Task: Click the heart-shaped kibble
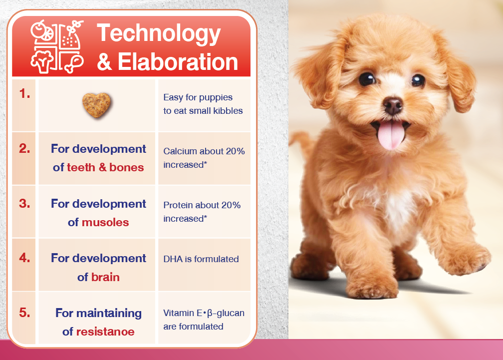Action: click(96, 105)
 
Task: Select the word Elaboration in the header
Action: click(178, 61)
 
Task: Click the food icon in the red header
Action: click(57, 47)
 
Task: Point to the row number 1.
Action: click(24, 94)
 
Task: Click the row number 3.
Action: click(24, 203)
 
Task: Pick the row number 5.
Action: click(24, 313)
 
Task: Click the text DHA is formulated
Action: click(201, 259)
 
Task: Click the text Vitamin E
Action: click(183, 313)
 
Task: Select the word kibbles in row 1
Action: click(228, 111)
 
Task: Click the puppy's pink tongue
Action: click(391, 134)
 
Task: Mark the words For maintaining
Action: click(98, 313)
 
